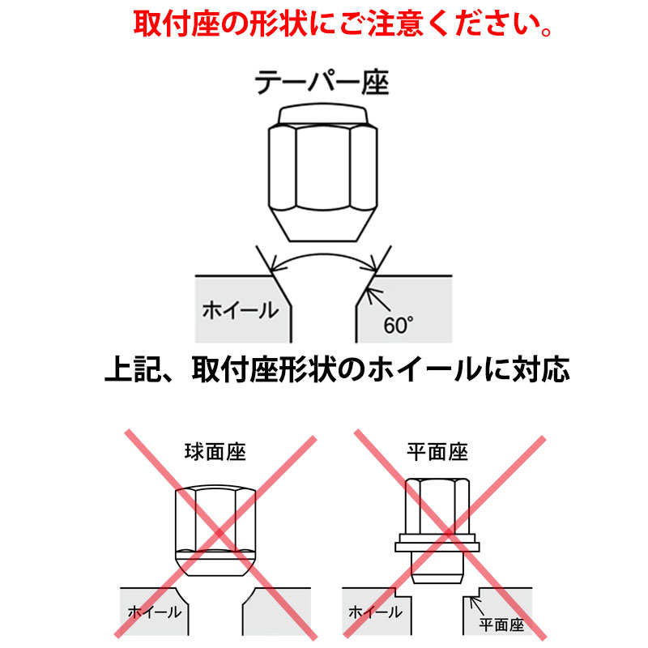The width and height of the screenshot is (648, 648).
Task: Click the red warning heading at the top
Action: pos(343,25)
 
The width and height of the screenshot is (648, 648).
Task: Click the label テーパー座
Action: pos(322,83)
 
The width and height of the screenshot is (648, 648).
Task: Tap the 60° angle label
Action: pos(399,326)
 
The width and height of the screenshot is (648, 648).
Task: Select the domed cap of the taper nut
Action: pos(322,115)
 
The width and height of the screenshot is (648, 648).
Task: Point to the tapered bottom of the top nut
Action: pos(322,224)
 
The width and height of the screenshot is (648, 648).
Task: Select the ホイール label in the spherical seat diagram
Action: pos(154,612)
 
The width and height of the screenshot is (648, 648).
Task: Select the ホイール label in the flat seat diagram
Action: pos(375,612)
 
